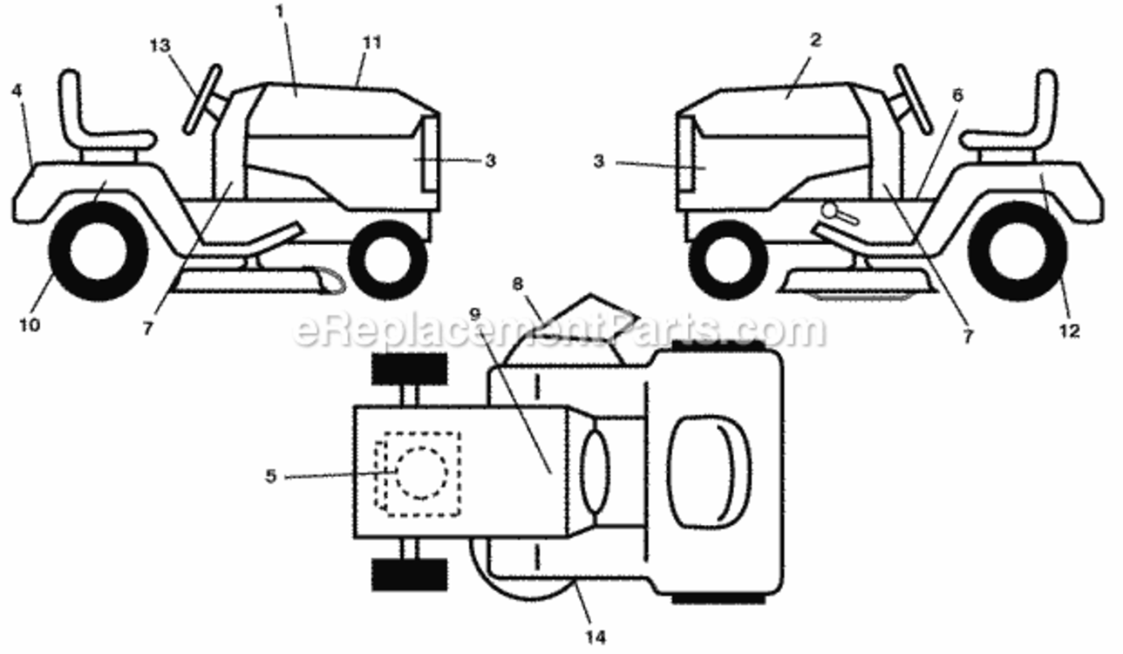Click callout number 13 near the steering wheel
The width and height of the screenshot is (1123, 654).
160,46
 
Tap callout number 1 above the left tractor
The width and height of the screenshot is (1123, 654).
280,11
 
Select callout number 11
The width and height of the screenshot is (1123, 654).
372,43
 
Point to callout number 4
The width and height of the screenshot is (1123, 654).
17,91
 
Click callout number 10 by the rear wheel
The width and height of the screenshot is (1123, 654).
30,325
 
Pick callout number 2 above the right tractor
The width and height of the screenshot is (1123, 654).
816,39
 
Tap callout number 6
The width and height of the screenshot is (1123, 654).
957,95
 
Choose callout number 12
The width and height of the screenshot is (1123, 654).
1069,331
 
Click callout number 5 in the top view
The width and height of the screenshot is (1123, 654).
270,476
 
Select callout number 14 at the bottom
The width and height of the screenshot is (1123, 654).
596,638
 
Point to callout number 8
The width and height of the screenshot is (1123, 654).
517,284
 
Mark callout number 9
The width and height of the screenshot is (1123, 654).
475,314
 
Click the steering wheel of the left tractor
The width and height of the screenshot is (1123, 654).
202,99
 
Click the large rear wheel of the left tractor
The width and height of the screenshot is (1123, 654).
99,252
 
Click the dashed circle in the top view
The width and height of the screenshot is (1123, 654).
422,473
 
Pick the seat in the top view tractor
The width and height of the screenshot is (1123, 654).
710,472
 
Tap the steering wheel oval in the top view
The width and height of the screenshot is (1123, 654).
596,472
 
